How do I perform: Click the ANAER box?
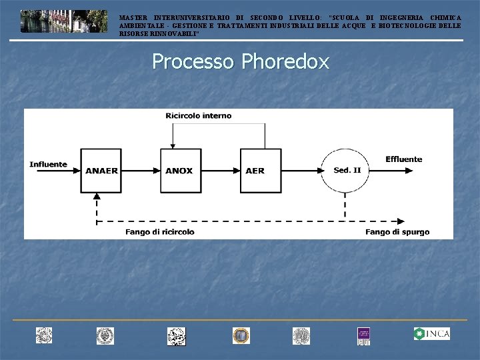(101, 170)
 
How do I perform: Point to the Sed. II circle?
(347, 170)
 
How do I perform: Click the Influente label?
(48, 164)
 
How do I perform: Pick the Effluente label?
(403, 159)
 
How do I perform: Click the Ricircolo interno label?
(199, 115)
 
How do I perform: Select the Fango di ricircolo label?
(160, 232)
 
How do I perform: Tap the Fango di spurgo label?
(397, 232)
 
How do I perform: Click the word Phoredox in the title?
(285, 62)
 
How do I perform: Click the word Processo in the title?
(193, 62)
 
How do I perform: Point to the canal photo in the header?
(63, 21)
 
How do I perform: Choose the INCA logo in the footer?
(431, 334)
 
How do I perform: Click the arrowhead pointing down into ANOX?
(172, 145)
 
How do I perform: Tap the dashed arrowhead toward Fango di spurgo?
(403, 221)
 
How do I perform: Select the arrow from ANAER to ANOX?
(141, 170)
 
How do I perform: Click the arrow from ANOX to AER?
(221, 170)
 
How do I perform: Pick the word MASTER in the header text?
(133, 17)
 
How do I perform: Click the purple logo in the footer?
(363, 335)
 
